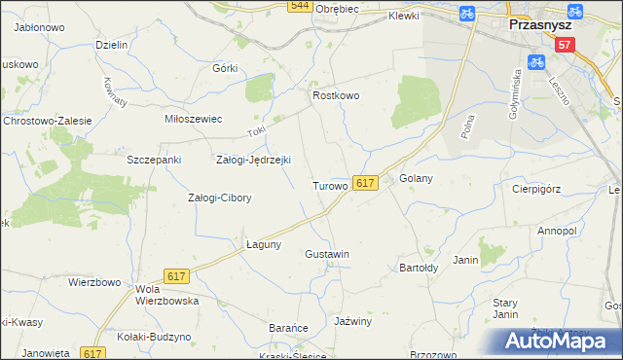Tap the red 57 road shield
(566, 46)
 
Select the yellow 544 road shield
(300, 6)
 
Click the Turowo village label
(330, 185)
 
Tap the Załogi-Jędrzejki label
(253, 160)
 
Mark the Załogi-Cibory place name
(219, 198)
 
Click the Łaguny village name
(263, 244)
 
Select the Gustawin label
(327, 254)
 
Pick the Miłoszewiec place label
(194, 118)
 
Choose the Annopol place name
(558, 231)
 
